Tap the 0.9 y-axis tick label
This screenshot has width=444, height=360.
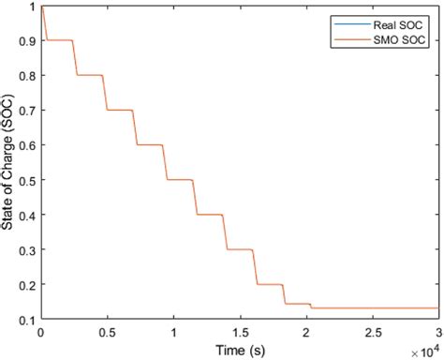26,40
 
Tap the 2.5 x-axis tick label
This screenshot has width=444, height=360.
372,332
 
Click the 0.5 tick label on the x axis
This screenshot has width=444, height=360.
106,332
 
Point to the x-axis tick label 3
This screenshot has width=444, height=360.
437,332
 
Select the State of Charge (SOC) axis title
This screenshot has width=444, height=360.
9,160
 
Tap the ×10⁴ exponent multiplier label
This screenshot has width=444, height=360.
423,349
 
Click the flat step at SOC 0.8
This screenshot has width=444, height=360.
88,75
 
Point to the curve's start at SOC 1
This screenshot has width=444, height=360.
40,7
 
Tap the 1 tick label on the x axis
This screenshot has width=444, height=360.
172,332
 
